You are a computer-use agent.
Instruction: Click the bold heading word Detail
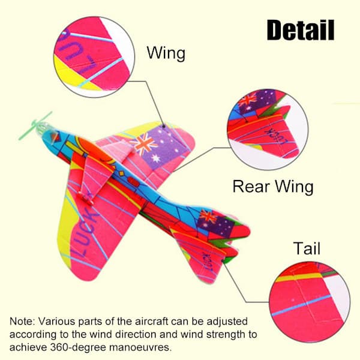pyautogui.click(x=301, y=30)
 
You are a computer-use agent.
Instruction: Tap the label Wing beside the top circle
pyautogui.click(x=166, y=53)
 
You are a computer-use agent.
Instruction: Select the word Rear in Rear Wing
pyautogui.click(x=251, y=186)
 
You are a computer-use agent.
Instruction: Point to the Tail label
pyautogui.click(x=307, y=248)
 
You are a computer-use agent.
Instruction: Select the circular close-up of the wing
pyautogui.click(x=94, y=57)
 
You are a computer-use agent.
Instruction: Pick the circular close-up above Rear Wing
pyautogui.click(x=268, y=130)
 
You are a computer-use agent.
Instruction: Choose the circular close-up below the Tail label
pyautogui.click(x=310, y=302)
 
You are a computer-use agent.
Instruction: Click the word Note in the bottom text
pyautogui.click(x=22, y=322)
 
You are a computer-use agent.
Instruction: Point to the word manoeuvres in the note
pyautogui.click(x=140, y=347)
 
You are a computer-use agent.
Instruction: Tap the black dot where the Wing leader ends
pyautogui.click(x=164, y=126)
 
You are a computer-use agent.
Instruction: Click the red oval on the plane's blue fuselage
pyautogui.click(x=133, y=181)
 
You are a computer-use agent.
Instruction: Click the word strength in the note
pyautogui.click(x=226, y=335)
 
